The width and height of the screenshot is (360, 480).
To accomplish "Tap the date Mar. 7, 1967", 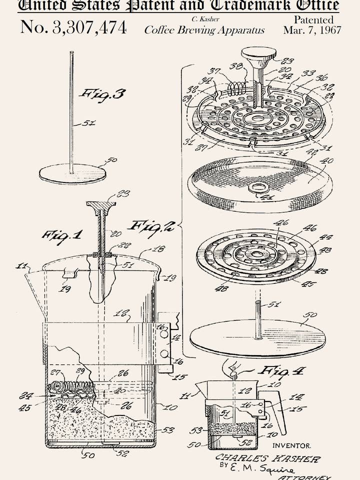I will pyautogui.click(x=312, y=30).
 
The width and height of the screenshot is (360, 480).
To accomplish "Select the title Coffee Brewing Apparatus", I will pyautogui.click(x=204, y=30).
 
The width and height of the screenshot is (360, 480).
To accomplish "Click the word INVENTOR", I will pyautogui.click(x=291, y=445).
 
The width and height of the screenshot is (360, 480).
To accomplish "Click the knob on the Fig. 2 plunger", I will pyautogui.click(x=258, y=54).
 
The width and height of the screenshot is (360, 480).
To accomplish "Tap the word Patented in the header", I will pyautogui.click(x=313, y=19).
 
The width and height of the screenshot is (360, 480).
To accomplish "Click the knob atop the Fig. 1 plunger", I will pyautogui.click(x=101, y=205).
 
